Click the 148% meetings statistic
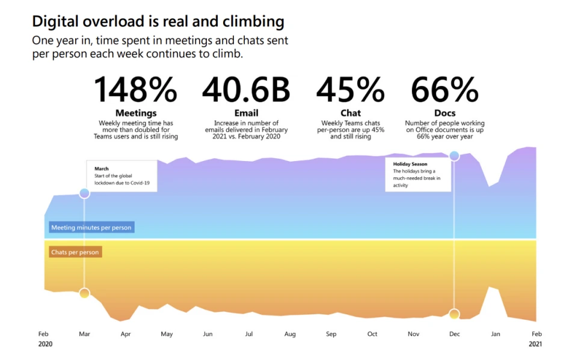136,90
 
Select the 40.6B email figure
246,90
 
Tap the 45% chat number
350,90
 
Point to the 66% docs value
444,90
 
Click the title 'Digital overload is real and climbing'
158,22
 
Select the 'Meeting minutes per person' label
91,228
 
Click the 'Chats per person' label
75,252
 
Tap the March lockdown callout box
121,175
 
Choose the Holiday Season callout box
417,174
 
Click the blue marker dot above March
84,193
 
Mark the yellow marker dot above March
84,293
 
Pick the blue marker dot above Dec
454,156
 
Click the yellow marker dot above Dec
454,314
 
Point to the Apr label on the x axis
126,334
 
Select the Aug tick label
290,334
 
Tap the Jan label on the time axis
495,334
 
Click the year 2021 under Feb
536,344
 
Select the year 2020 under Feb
45,344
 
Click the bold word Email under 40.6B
246,113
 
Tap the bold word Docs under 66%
444,113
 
